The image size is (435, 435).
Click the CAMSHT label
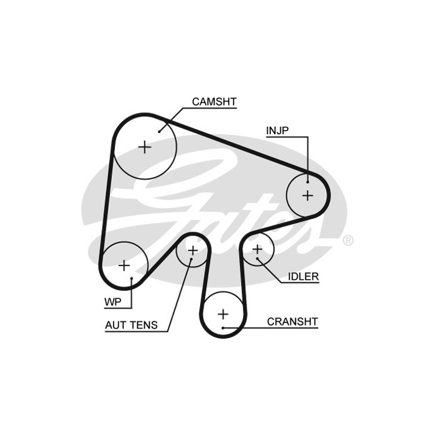pyautogui.click(x=214, y=102)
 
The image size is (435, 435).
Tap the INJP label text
pyautogui.click(x=277, y=130)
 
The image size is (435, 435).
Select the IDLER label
pyautogui.click(x=303, y=277)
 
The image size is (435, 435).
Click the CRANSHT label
pyautogui.click(x=293, y=322)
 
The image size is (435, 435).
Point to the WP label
pyautogui.click(x=113, y=302)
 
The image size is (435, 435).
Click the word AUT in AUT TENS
pyautogui.click(x=116, y=325)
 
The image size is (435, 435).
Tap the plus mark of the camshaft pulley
pyautogui.click(x=145, y=147)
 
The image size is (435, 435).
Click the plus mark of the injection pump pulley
pyautogui.click(x=308, y=196)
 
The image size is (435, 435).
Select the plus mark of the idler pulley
pyautogui.click(x=257, y=249)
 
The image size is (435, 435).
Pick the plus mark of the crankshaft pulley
pyautogui.click(x=223, y=314)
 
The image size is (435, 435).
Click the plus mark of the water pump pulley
pyautogui.click(x=124, y=265)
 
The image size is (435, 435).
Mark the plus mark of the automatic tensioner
pyautogui.click(x=193, y=251)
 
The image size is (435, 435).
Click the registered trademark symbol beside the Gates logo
pyautogui.click(x=348, y=240)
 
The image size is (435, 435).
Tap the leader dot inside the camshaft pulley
pyautogui.click(x=159, y=132)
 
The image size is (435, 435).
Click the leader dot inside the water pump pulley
pyautogui.click(x=132, y=278)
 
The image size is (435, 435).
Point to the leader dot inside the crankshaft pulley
pyautogui.click(x=223, y=328)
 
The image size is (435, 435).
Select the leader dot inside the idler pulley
pyautogui.click(x=257, y=259)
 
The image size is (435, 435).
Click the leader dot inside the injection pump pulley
pyautogui.click(x=308, y=182)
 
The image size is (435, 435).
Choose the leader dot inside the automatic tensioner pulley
pyautogui.click(x=191, y=259)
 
